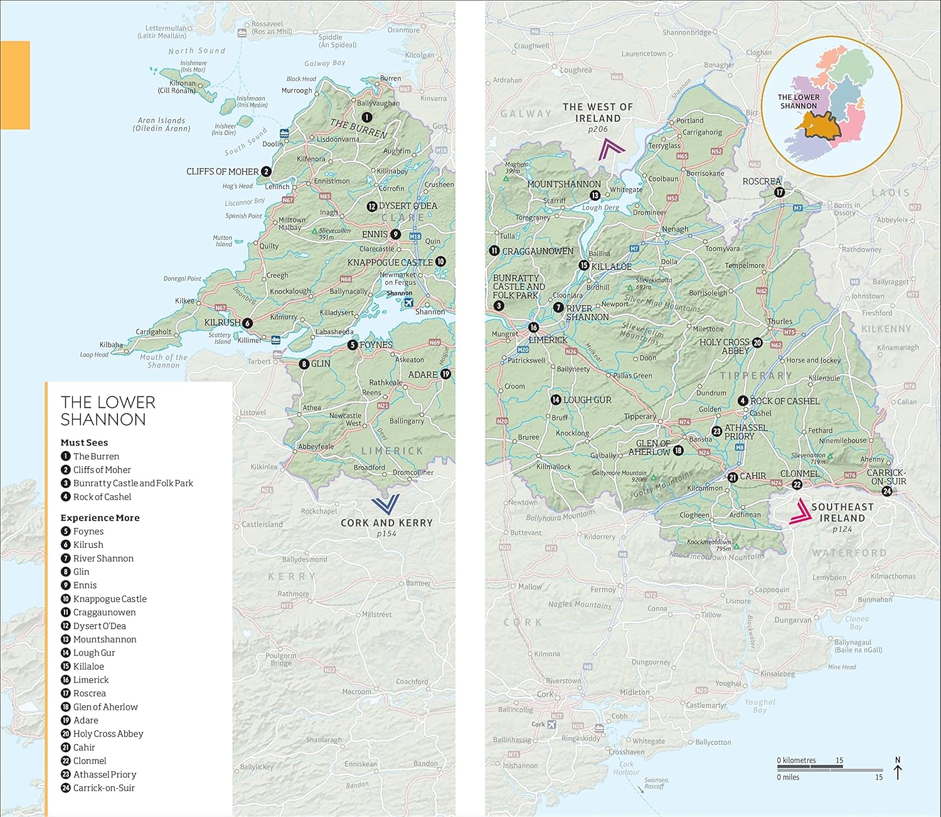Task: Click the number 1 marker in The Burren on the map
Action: [x=366, y=117]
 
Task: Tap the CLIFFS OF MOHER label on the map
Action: [x=223, y=171]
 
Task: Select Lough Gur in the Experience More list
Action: [x=93, y=653]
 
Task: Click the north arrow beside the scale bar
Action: [x=897, y=769]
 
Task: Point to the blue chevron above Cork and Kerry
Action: [x=385, y=505]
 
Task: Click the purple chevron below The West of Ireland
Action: [x=611, y=150]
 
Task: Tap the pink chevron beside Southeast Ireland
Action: [x=799, y=511]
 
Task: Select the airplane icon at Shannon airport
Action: [x=409, y=302]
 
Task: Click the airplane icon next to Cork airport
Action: [x=551, y=724]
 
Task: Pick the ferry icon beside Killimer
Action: [x=275, y=340]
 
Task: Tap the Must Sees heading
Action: [x=84, y=442]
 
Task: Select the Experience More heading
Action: [x=100, y=518]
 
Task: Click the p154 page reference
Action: [x=386, y=534]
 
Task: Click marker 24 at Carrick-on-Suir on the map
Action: [x=887, y=491]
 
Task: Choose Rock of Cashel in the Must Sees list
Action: [x=102, y=497]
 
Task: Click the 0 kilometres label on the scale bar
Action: [x=796, y=761]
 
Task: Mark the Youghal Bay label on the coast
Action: [x=760, y=706]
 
